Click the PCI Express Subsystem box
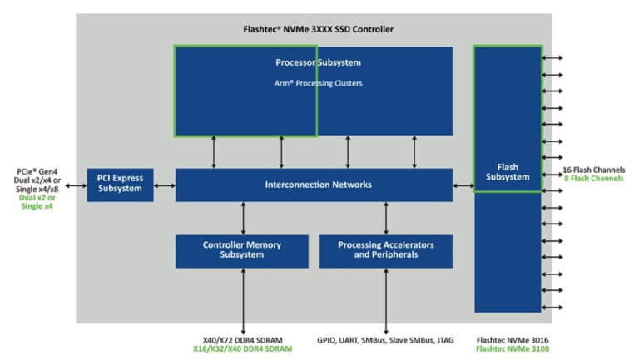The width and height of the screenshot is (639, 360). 120,185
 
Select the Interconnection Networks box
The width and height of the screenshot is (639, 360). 314,185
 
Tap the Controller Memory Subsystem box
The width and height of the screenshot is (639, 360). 242,251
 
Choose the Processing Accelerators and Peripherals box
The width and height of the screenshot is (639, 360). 386,251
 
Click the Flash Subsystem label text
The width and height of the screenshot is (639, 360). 508,172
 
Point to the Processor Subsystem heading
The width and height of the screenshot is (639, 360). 319,62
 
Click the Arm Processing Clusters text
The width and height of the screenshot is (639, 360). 319,83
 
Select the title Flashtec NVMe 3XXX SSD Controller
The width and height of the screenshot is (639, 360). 319,29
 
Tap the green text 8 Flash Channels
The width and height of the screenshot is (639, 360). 594,179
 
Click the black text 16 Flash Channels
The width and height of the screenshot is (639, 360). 594,170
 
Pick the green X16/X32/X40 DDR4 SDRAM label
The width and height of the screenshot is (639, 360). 242,349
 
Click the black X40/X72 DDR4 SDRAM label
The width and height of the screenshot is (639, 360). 242,340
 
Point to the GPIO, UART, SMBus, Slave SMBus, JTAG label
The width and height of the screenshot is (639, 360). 385,340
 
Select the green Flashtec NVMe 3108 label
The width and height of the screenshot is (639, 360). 513,349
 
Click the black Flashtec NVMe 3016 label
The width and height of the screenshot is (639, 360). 513,340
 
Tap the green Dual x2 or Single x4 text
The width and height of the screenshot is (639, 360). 37,201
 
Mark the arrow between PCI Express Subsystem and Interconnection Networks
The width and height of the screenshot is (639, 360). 165,185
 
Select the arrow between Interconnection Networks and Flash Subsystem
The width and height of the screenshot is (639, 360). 463,185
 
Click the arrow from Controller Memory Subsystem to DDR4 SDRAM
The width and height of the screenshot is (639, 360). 243,301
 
